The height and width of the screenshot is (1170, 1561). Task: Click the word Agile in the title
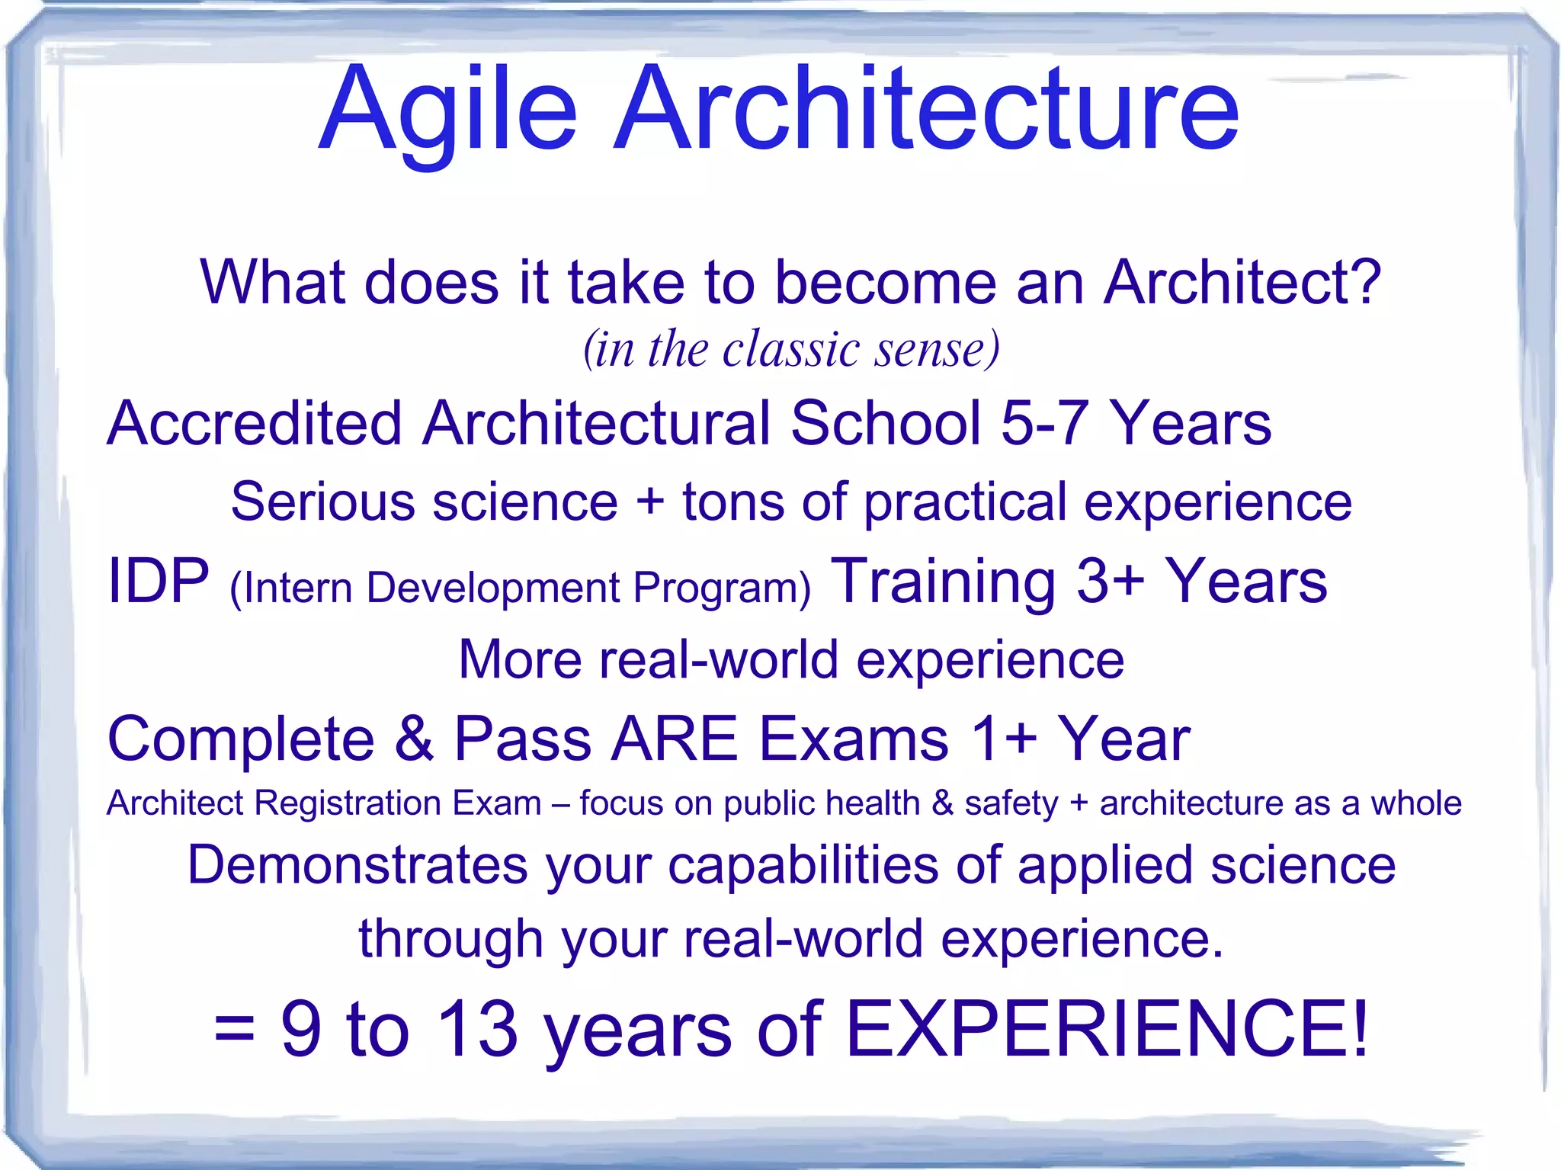(x=448, y=111)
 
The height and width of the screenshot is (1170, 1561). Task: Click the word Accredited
(x=254, y=423)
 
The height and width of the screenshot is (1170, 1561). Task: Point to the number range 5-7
(x=1044, y=423)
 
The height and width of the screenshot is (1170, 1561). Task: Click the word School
(x=885, y=423)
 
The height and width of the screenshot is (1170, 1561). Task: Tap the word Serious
(x=323, y=502)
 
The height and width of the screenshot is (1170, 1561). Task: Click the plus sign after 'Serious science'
(x=650, y=502)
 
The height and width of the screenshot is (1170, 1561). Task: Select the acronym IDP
(x=158, y=581)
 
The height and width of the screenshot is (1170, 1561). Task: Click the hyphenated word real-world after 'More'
(x=719, y=659)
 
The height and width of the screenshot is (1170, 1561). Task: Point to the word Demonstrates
(x=357, y=866)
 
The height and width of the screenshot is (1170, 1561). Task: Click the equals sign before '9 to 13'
(x=234, y=1030)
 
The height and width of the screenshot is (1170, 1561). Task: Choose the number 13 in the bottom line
(x=478, y=1030)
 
